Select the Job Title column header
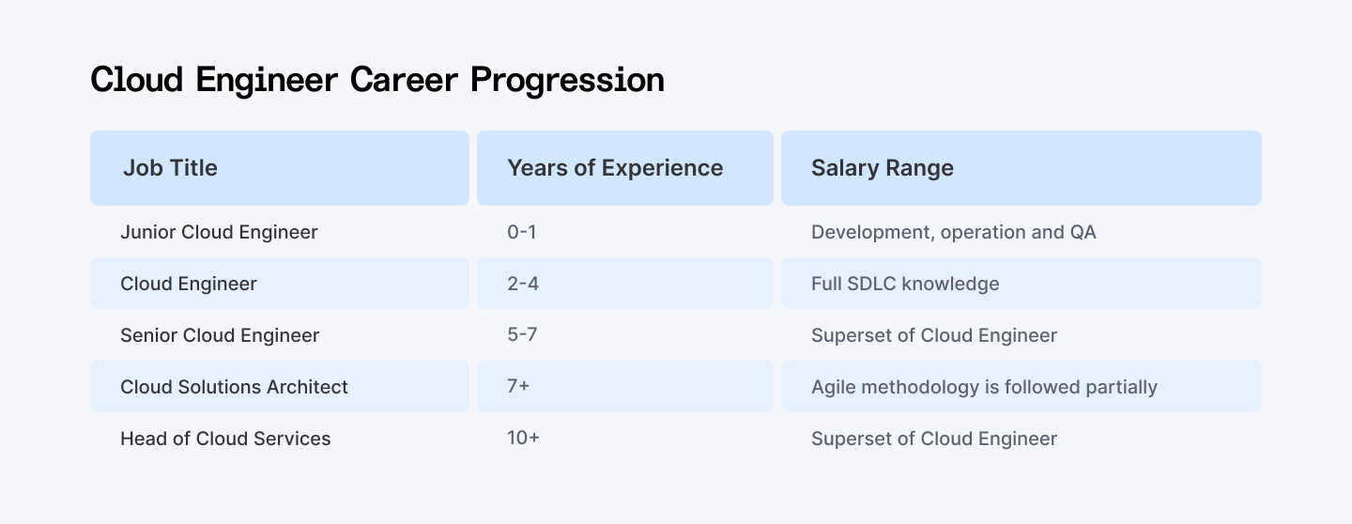(170, 168)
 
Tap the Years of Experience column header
(615, 168)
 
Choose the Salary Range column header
(882, 168)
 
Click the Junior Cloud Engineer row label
(219, 232)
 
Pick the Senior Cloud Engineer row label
(220, 335)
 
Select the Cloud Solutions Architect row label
(234, 387)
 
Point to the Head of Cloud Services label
(225, 439)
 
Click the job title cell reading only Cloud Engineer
(189, 284)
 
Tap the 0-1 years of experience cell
(521, 232)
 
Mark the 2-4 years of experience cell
(522, 284)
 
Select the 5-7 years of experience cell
(522, 335)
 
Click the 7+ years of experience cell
(518, 387)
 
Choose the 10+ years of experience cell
(523, 439)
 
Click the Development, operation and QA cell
(953, 232)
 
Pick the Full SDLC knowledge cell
(905, 284)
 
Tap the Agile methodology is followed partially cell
(984, 387)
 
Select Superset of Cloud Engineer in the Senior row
(934, 335)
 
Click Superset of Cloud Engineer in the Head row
(934, 439)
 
